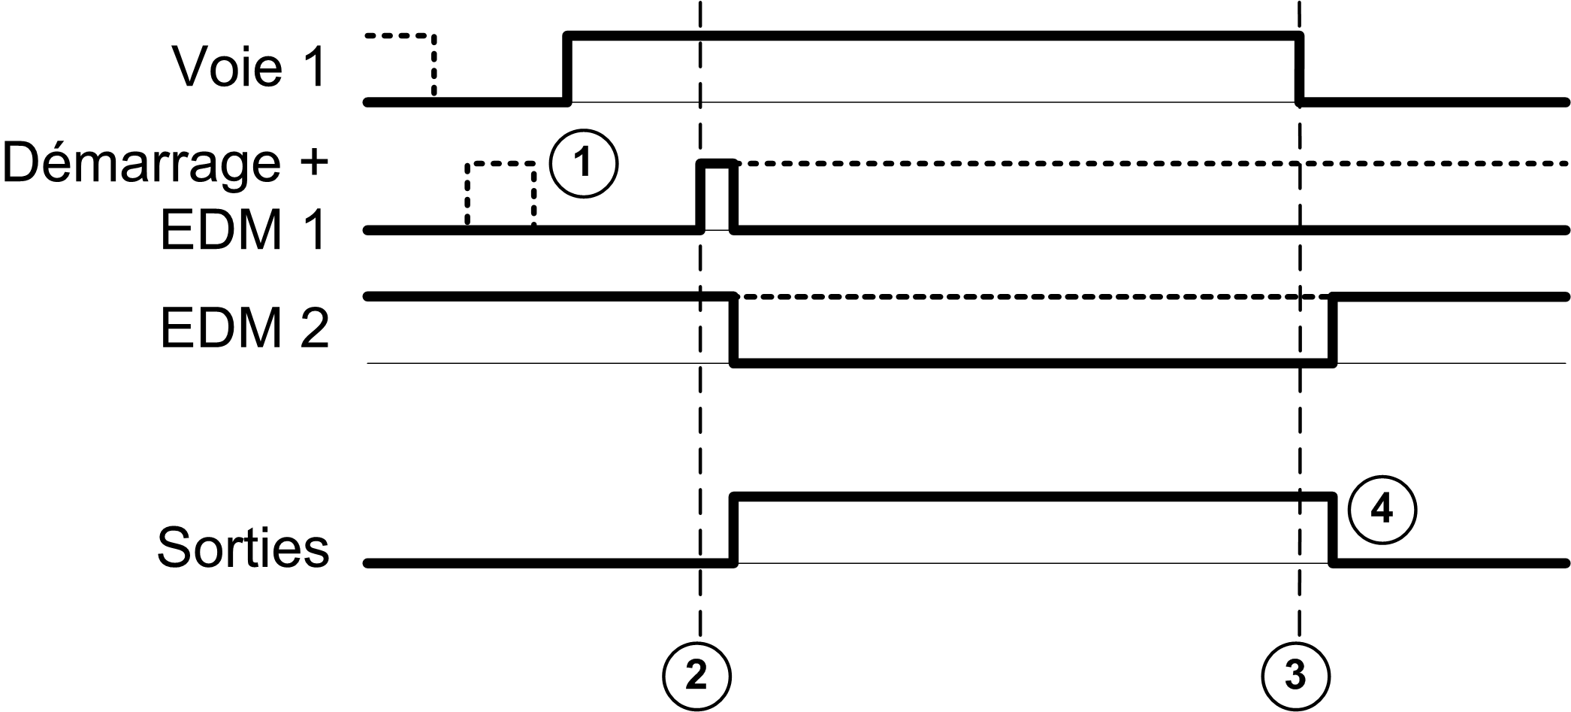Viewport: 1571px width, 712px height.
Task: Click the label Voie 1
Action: [x=249, y=68]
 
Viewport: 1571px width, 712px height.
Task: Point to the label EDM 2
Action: [x=245, y=329]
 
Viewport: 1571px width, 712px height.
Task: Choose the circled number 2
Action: [x=696, y=675]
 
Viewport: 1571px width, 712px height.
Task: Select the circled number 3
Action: [x=1295, y=675]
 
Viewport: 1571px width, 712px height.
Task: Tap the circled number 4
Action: [x=1382, y=511]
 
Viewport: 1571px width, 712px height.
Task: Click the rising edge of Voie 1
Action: [x=568, y=68]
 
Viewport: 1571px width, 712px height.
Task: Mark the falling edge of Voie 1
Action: [x=1300, y=68]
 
